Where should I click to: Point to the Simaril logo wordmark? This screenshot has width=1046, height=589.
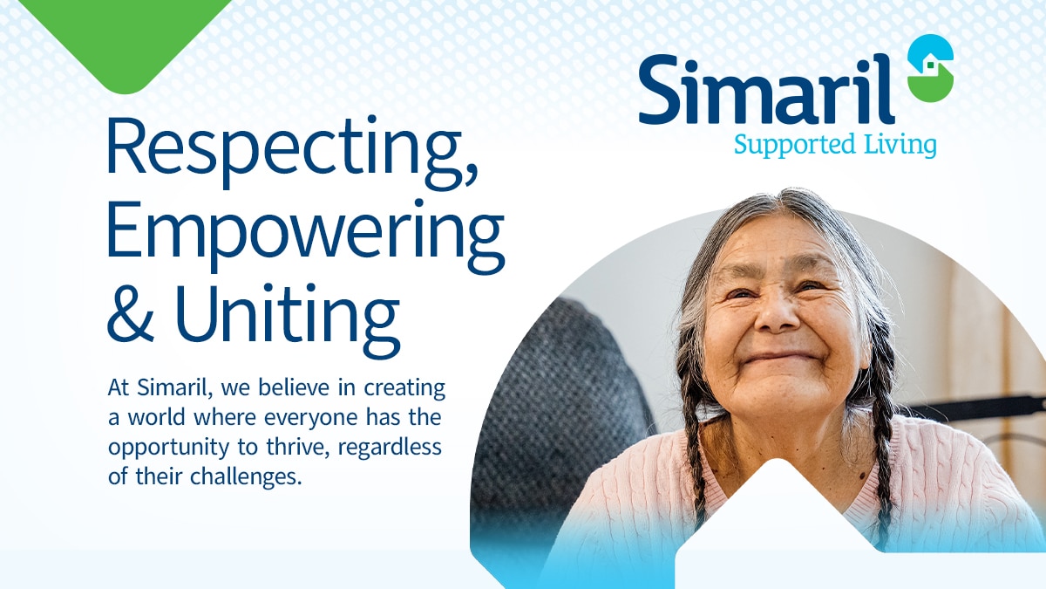click(x=766, y=90)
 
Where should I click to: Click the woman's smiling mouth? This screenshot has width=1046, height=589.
click(x=781, y=356)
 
